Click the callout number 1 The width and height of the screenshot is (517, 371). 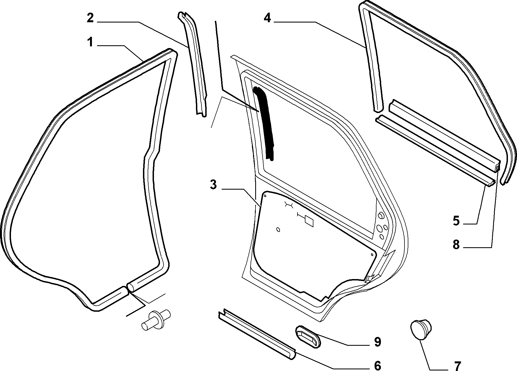(90, 43)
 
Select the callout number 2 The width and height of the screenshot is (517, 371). (90, 18)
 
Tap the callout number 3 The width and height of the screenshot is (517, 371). (213, 185)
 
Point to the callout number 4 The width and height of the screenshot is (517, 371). (267, 18)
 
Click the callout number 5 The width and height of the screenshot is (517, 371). (456, 221)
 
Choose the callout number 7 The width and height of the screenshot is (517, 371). (457, 366)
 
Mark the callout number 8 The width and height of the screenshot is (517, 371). (456, 244)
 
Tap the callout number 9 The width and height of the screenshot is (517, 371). (378, 342)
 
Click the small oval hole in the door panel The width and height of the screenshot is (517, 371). (278, 229)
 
